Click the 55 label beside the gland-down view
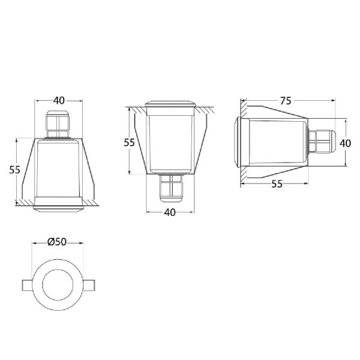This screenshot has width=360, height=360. (x=129, y=142)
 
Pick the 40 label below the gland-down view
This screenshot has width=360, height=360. (x=170, y=212)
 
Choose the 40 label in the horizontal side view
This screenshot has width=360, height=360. (x=345, y=143)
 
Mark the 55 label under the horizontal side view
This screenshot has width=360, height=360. (x=277, y=184)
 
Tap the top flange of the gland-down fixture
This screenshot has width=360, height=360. (x=170, y=105)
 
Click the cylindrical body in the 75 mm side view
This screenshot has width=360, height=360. (x=276, y=143)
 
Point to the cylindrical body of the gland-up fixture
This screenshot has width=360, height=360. (x=58, y=168)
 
